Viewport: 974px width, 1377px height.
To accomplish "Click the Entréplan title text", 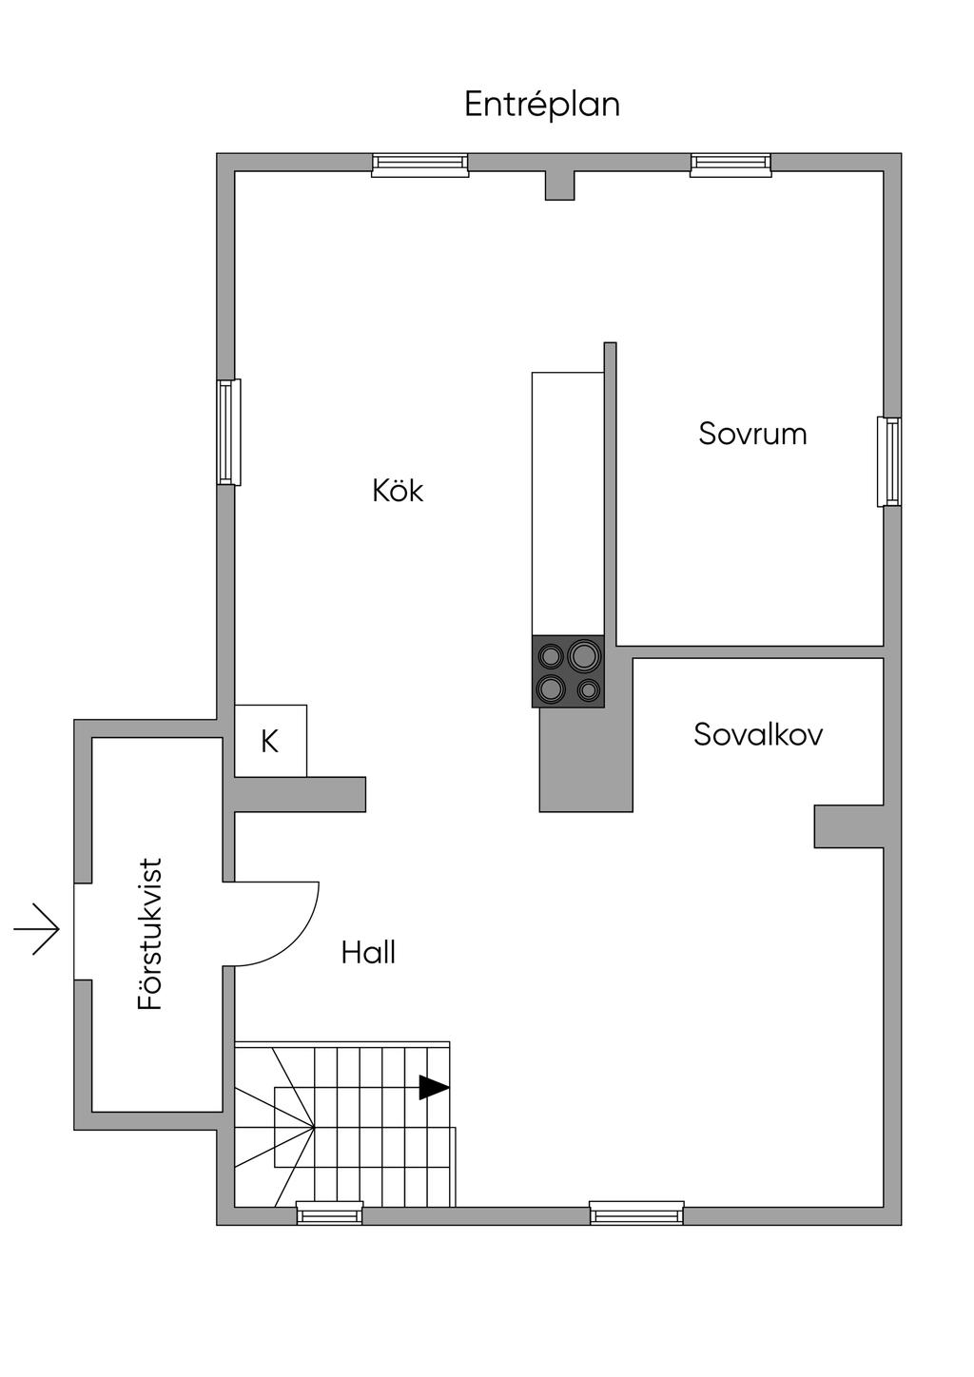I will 541,104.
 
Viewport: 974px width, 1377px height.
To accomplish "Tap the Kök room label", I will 398,491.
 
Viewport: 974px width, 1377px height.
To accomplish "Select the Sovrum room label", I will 752,434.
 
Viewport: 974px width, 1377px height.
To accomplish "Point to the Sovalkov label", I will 758,734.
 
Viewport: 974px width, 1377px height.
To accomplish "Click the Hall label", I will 368,952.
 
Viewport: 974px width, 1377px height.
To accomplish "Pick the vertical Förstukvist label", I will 151,934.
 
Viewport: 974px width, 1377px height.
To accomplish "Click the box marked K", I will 270,741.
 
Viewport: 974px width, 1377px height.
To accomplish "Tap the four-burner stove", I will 568,671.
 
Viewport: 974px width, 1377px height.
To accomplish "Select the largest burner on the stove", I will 583,655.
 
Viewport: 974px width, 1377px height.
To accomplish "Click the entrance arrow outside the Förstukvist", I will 37,928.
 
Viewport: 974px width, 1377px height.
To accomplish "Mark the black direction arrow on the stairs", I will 434,1087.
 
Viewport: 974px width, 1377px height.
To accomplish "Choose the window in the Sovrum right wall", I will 889,461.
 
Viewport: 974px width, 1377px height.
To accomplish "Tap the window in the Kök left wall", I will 228,432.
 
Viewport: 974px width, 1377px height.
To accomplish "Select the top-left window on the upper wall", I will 419,165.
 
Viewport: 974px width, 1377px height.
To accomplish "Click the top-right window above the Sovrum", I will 730,165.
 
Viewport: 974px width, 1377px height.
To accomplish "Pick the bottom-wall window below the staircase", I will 329,1212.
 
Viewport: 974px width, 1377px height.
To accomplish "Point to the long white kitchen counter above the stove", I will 568,503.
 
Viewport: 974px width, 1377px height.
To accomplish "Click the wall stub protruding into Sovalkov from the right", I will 848,825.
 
